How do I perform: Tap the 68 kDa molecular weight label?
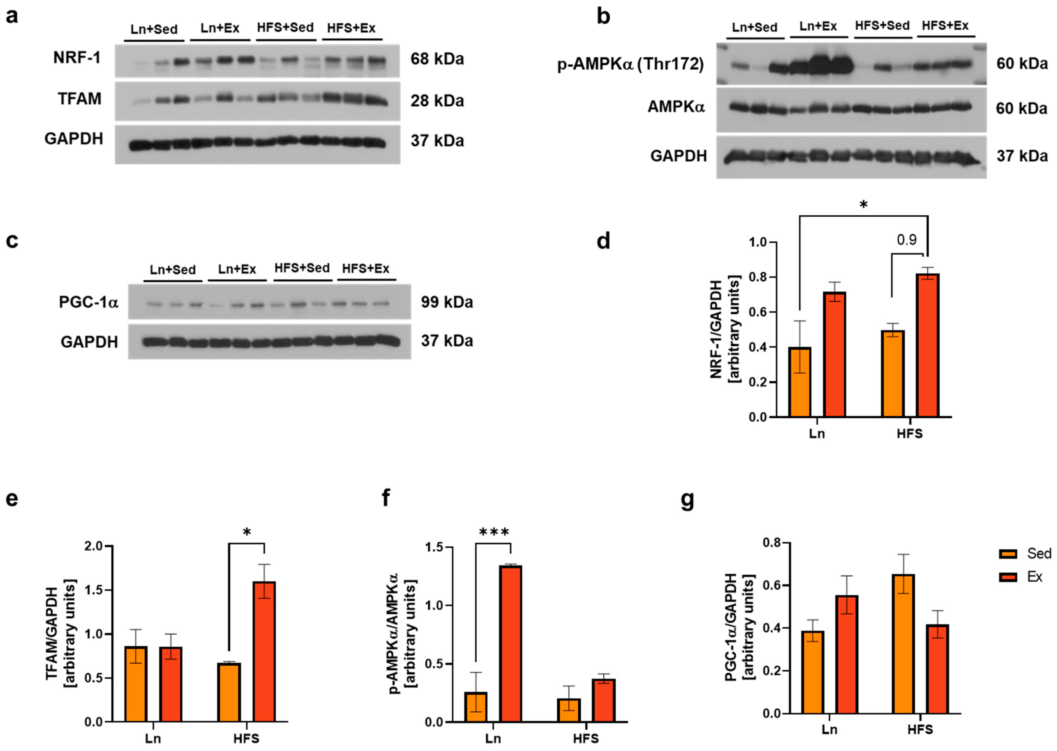click(x=437, y=59)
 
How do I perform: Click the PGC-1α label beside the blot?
click(x=88, y=302)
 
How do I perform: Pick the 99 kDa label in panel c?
click(x=447, y=302)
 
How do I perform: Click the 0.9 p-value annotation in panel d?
click(x=906, y=240)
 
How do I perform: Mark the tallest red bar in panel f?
click(x=511, y=643)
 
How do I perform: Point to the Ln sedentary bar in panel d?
click(x=799, y=382)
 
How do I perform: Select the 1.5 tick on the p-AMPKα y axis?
click(x=435, y=547)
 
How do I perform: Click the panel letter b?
click(x=603, y=17)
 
